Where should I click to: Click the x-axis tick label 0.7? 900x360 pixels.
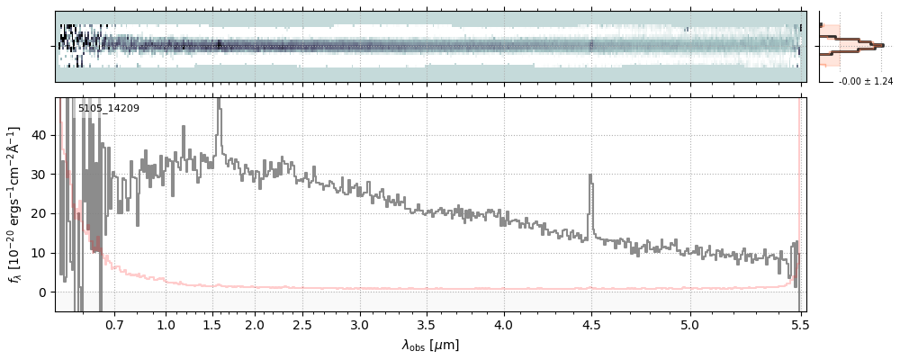pyautogui.click(x=114, y=324)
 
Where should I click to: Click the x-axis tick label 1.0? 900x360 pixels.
pyautogui.click(x=166, y=324)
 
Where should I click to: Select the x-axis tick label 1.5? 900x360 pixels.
pyautogui.click(x=218, y=324)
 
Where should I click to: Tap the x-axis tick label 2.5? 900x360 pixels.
pyautogui.click(x=302, y=324)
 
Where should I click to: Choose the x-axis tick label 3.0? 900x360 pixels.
pyautogui.click(x=360, y=324)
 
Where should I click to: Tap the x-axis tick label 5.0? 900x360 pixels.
pyautogui.click(x=690, y=324)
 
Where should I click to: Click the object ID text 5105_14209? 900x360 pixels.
pyautogui.click(x=109, y=109)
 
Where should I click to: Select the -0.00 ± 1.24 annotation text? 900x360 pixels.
pyautogui.click(x=865, y=82)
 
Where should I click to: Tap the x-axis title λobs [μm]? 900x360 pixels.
pyautogui.click(x=430, y=345)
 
